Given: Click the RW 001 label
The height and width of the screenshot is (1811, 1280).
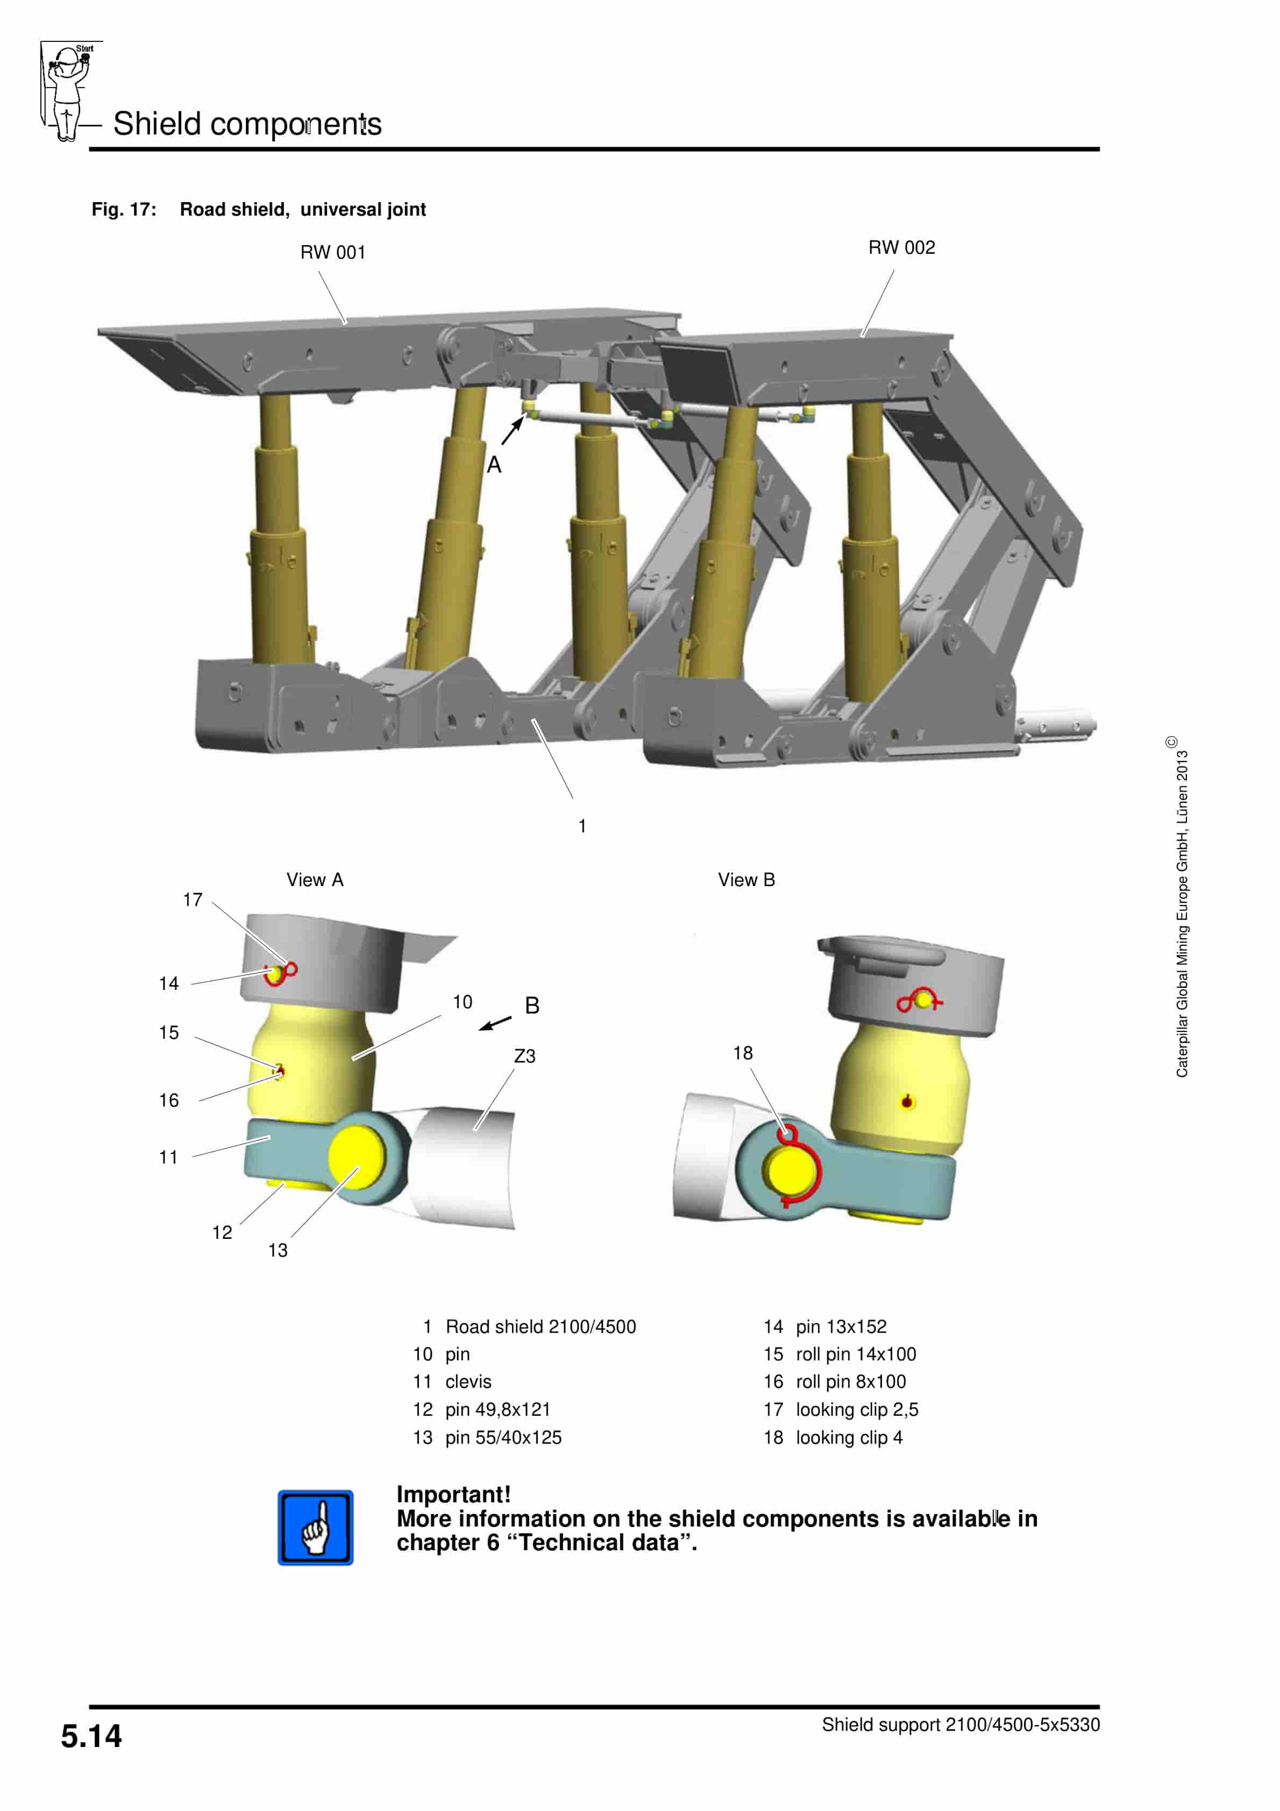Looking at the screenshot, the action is (332, 252).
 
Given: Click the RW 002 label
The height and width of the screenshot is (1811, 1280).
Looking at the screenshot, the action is (901, 248).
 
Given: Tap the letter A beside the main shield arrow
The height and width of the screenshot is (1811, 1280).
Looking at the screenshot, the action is (494, 465).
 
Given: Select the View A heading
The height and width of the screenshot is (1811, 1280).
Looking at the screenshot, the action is (315, 880).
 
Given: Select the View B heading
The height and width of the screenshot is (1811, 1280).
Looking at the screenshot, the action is (746, 880).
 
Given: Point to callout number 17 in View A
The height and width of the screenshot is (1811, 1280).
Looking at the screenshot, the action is (193, 900).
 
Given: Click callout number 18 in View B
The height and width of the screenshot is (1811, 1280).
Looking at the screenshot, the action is (743, 1053).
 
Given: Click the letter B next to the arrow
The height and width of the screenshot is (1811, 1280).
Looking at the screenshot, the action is (532, 1006).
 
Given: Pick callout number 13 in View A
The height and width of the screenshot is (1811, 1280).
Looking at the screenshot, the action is (278, 1250).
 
